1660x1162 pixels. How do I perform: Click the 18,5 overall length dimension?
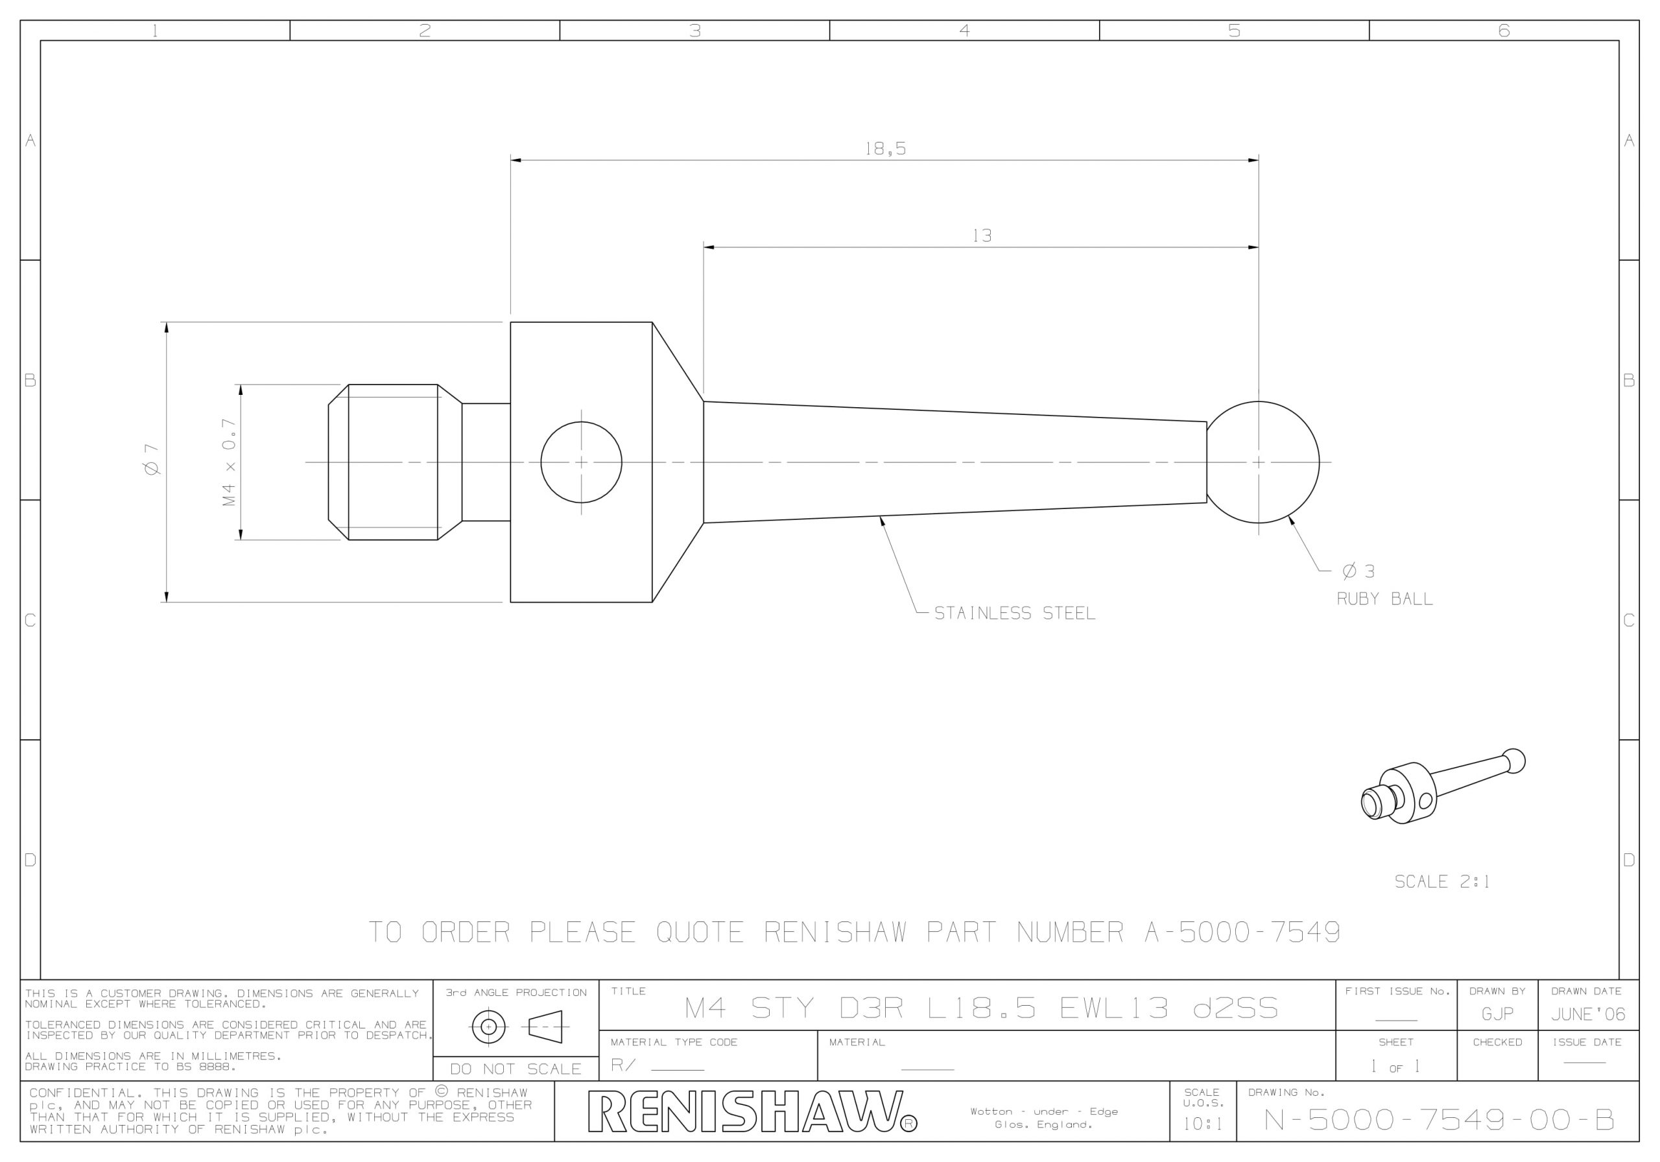885,149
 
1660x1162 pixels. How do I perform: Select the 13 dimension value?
982,236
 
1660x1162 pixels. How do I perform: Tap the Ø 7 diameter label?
152,460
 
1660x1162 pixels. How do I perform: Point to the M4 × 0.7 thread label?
229,462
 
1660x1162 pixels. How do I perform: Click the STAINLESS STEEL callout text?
1014,613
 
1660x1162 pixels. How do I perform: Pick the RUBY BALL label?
1384,599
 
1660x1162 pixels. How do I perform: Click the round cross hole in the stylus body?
581,462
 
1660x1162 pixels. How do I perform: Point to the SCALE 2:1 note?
1441,881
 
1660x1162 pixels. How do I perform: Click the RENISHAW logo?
752,1111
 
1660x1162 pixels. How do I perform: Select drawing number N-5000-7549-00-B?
1439,1120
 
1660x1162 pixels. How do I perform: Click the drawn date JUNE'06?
1588,1015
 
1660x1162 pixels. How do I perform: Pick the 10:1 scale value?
1202,1124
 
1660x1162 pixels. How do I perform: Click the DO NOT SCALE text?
516,1069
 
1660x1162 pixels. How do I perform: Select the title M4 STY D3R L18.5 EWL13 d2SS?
981,1008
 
